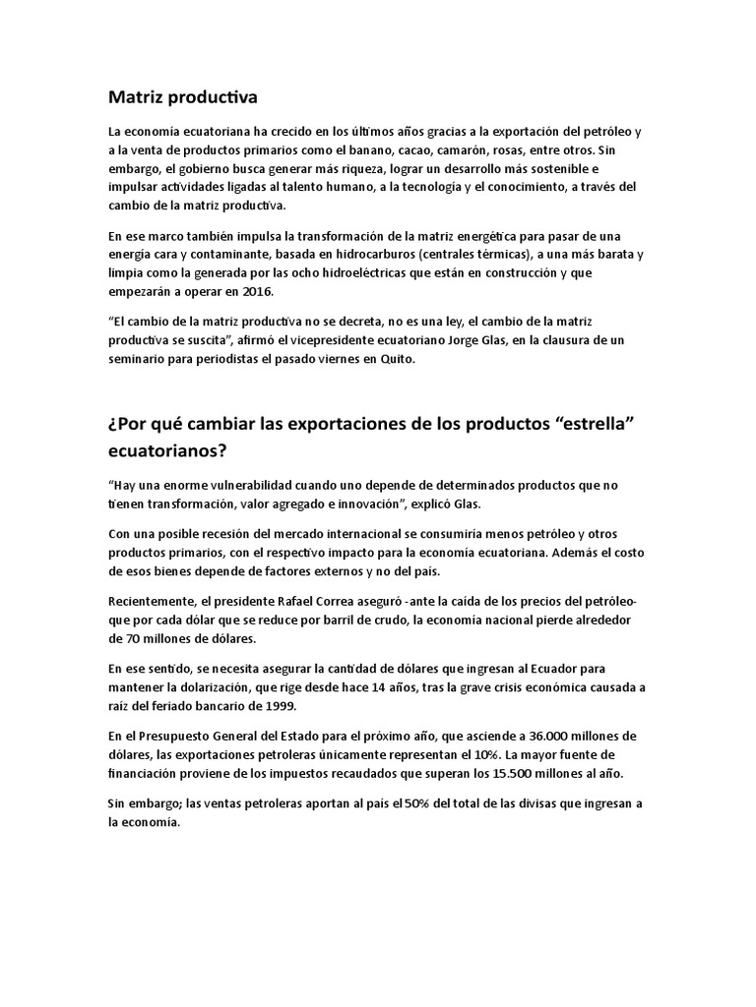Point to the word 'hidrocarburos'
click(x=332, y=254)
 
